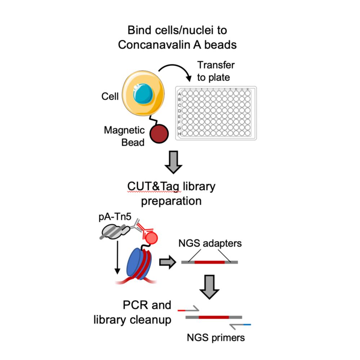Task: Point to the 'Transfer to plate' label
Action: tap(215, 71)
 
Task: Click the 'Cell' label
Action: tap(110, 97)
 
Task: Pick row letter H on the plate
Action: tap(179, 134)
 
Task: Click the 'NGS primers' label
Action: tap(215, 338)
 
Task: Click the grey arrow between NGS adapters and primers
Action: tap(210, 285)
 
